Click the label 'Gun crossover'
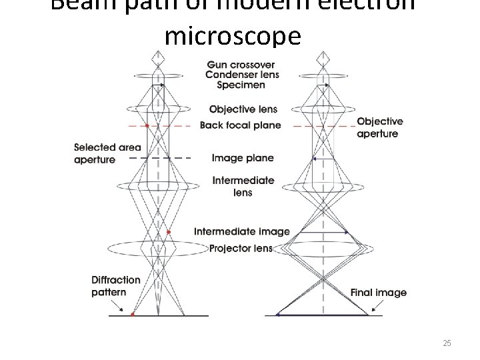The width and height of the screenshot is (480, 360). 240,65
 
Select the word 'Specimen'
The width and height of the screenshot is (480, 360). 240,85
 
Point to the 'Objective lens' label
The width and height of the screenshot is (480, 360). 243,109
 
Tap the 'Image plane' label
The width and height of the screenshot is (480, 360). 243,158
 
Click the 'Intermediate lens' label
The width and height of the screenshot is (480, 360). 243,186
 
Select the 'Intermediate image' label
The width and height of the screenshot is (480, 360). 242,231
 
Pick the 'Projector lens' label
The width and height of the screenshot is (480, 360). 241,249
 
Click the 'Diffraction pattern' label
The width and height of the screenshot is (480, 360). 116,286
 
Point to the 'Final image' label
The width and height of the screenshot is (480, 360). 378,293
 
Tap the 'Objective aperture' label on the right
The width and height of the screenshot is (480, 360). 379,127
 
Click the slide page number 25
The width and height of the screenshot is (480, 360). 447,343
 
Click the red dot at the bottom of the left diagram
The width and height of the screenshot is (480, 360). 133,313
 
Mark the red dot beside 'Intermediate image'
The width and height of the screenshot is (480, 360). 169,232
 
